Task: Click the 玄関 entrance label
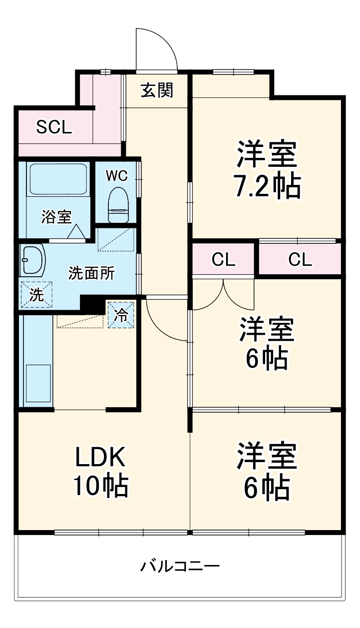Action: coord(157,90)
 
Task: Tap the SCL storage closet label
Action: coord(54,127)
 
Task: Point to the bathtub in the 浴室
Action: coord(59,179)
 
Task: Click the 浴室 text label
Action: coord(56,217)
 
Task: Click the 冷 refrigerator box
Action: coord(121,315)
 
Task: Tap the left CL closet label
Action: coord(223,259)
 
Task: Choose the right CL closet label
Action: coord(300,259)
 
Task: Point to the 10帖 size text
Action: coord(102,486)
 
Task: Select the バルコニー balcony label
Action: coord(180,567)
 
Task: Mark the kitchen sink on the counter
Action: coord(38,383)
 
